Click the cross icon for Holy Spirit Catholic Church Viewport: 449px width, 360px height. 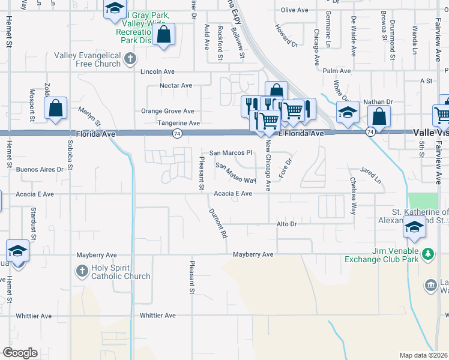point(82,271)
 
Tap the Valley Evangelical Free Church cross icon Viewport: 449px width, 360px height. point(131,59)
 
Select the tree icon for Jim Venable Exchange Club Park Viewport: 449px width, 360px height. point(427,254)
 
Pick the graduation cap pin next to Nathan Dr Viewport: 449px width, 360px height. point(348,112)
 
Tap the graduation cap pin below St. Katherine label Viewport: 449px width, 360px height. point(414,227)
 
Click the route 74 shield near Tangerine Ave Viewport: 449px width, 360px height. point(177,133)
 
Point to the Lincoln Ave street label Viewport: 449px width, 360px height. point(157,71)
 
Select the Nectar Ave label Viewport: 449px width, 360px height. point(176,86)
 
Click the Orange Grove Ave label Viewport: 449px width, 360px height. point(167,111)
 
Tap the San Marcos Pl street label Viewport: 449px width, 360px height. point(231,153)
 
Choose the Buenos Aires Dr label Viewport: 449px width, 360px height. point(40,170)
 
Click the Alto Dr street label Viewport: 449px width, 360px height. point(286,224)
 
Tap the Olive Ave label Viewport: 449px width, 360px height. point(294,10)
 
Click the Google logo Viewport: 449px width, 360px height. point(20,353)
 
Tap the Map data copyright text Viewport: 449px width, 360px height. point(423,355)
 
